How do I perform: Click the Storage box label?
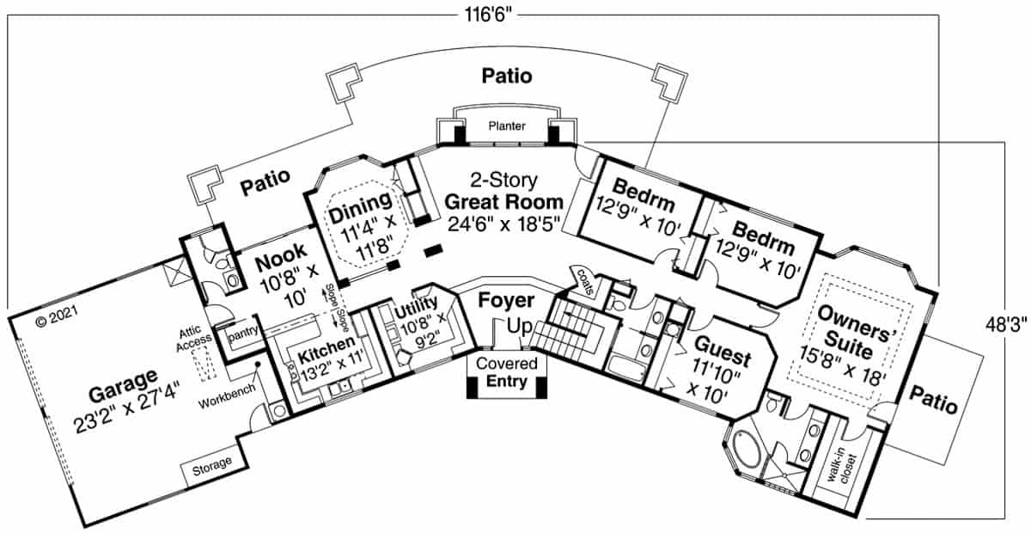pos(211,464)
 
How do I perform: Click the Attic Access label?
pos(190,338)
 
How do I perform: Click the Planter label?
pos(506,126)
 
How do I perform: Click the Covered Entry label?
pos(507,371)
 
